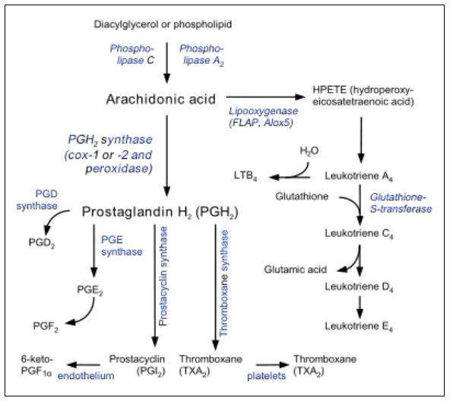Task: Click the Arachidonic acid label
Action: tap(160, 99)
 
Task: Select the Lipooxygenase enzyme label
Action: tap(264, 111)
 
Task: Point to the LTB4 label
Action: tap(246, 176)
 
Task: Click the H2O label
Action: tap(309, 151)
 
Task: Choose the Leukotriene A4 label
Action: tap(359, 176)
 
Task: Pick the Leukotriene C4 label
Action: tap(359, 233)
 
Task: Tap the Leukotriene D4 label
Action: tap(359, 287)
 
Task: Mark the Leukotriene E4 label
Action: tap(359, 326)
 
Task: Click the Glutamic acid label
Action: tap(295, 270)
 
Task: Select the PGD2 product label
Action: tap(42, 243)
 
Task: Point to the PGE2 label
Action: tap(90, 290)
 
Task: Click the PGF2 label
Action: tap(46, 327)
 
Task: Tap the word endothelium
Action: tap(86, 376)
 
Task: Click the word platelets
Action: tap(266, 376)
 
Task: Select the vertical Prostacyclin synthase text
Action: tap(163, 276)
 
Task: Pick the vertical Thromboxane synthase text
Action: tap(223, 283)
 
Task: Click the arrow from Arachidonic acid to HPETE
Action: tap(265, 97)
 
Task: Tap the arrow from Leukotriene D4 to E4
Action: tap(360, 307)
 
